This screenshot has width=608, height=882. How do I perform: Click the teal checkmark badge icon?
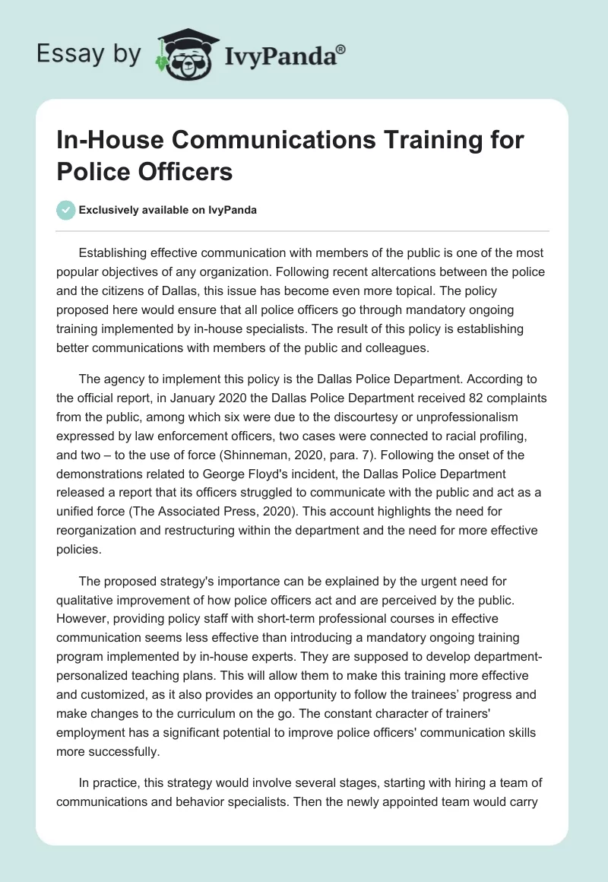point(66,210)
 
